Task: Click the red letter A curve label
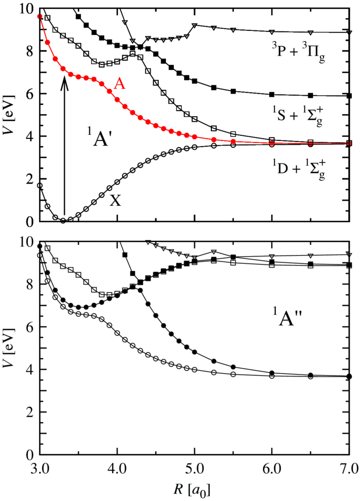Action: pos(119,85)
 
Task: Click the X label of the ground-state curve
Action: pos(115,201)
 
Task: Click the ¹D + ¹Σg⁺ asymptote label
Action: pos(300,166)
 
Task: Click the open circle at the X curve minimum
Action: pos(63,221)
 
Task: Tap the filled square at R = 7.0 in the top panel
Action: pos(349,96)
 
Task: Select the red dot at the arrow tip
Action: pos(63,69)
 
